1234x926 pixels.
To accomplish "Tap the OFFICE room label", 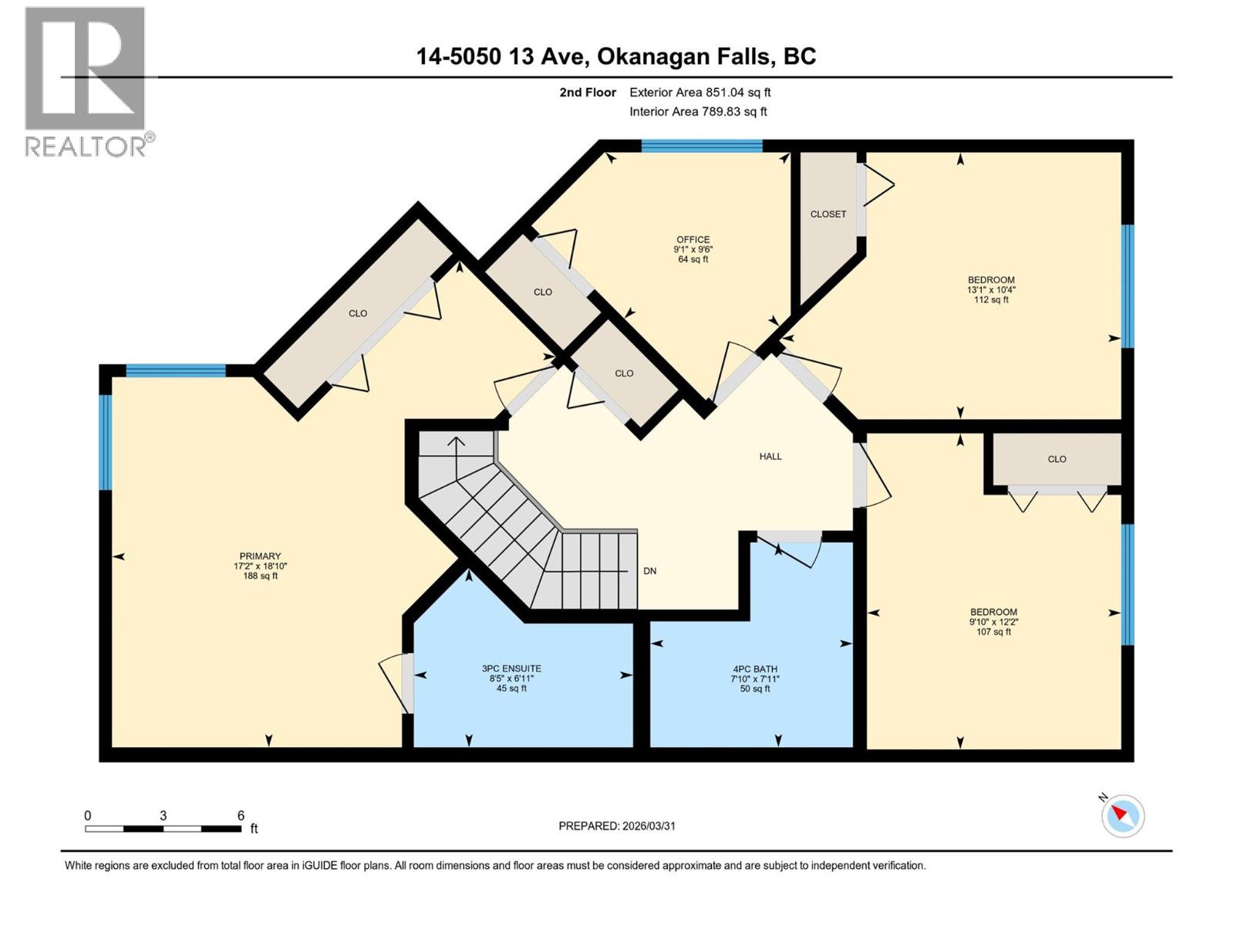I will click(693, 240).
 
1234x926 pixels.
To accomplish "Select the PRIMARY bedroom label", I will click(260, 556).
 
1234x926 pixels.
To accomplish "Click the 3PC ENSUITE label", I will click(511, 669).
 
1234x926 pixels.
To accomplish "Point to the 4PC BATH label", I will click(755, 669).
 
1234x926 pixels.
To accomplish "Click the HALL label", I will click(770, 457).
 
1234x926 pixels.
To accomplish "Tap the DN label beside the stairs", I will click(650, 571).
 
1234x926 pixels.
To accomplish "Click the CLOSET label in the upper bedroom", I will click(828, 215).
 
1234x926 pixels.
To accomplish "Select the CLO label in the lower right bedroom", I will click(1057, 459).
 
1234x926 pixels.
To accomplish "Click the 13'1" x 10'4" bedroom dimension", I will click(991, 290).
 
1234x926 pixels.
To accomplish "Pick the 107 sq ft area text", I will click(993, 632).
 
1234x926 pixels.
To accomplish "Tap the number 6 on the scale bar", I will click(241, 816).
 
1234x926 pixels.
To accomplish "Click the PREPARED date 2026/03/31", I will click(617, 826).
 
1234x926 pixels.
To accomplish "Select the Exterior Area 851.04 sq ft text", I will click(700, 93).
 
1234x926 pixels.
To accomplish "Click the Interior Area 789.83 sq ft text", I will click(698, 112).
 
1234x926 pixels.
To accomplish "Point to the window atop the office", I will click(702, 146).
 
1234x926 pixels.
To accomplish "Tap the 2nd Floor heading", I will click(588, 93).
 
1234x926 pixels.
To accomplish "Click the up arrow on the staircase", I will click(456, 448).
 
